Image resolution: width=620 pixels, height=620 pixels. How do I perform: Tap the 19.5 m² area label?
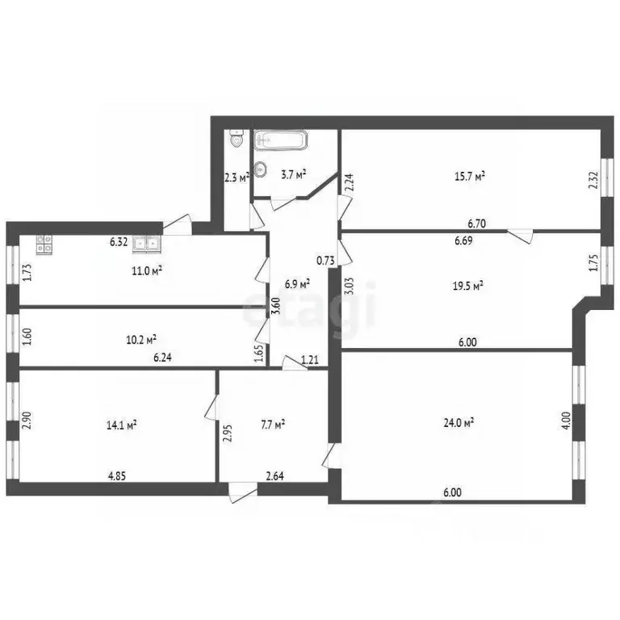coord(467,285)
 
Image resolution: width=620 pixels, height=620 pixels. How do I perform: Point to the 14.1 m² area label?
coord(121,423)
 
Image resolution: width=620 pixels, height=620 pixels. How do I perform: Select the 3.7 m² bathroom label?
coord(291,174)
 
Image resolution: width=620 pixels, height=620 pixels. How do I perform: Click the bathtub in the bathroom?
coord(279,140)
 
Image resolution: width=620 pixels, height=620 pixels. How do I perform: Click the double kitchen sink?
coord(146,241)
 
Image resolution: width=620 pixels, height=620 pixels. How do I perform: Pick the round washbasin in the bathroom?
coord(261,170)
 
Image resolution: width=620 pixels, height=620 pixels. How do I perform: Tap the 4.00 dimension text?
coord(566,421)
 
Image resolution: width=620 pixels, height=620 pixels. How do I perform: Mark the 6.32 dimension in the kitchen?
coord(119,241)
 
